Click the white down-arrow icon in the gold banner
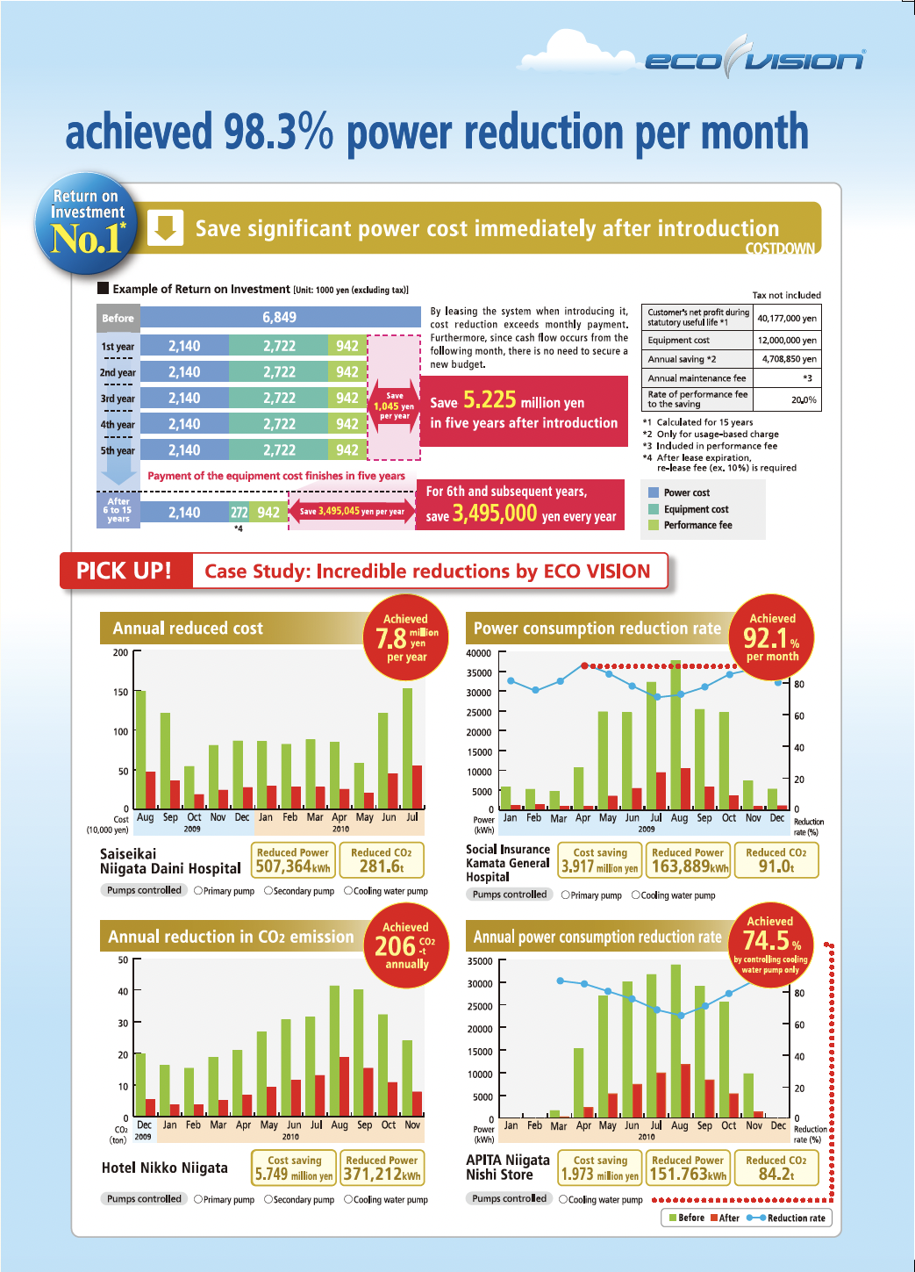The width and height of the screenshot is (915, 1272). tap(165, 227)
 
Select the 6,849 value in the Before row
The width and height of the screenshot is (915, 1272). tap(279, 317)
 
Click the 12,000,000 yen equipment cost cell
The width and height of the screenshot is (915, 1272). tap(786, 340)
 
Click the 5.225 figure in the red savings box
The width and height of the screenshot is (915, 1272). tap(490, 400)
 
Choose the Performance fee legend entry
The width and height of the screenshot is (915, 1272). tap(697, 525)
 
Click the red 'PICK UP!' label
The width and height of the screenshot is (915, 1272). tap(125, 571)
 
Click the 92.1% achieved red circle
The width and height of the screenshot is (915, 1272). tap(772, 637)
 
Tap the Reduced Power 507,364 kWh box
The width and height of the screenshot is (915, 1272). tap(293, 860)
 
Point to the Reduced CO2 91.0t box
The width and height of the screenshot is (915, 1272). tap(776, 860)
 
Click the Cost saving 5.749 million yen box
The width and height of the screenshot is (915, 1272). tap(294, 1168)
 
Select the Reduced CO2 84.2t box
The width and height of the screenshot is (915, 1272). tap(776, 1168)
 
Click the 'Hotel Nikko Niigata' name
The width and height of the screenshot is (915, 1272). tap(165, 1168)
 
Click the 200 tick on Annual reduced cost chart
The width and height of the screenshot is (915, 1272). tap(120, 652)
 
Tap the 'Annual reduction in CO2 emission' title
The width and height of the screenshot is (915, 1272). tap(231, 937)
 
